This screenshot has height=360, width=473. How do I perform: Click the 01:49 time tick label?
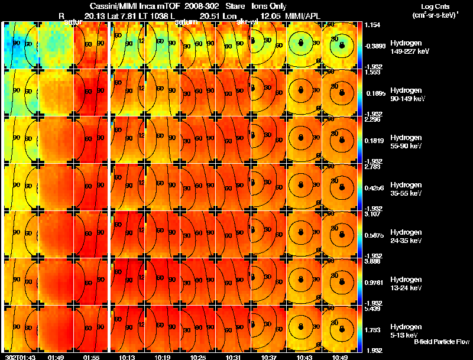point(56,357)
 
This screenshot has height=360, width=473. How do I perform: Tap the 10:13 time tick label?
point(127,357)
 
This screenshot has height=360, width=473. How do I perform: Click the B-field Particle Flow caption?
point(442,342)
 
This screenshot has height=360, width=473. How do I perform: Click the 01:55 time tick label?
point(92,357)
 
